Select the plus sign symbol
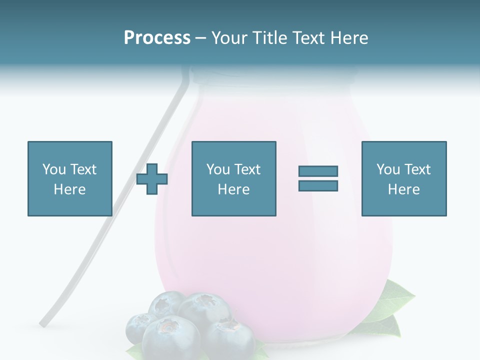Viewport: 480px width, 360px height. click(152, 179)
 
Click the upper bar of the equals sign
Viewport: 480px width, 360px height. click(318, 171)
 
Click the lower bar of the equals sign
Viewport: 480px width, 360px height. click(318, 186)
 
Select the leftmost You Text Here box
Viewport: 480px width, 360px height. click(70, 178)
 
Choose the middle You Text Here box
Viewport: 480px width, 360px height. click(233, 178)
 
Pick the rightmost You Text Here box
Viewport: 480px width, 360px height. click(403, 178)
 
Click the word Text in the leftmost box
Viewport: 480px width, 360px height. click(83, 169)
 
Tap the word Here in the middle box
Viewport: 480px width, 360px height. click(233, 189)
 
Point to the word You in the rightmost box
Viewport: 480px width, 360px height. click(388, 169)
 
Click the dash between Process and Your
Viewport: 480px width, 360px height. click(200, 38)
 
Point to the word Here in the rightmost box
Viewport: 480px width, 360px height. click(403, 189)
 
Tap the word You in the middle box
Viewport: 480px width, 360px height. click(218, 169)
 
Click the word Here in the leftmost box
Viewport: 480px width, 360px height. click(70, 189)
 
